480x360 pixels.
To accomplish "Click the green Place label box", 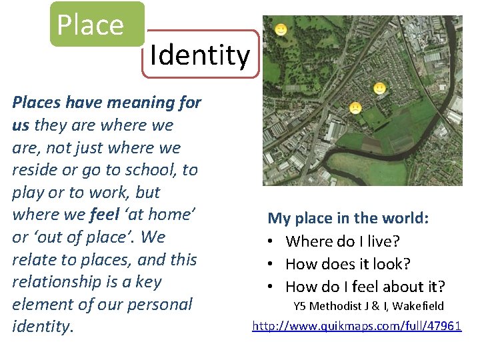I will tap(97, 24).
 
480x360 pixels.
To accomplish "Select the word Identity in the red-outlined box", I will tap(199, 55).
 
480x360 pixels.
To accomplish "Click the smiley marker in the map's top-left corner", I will tap(281, 30).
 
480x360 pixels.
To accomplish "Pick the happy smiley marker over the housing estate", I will tap(379, 87).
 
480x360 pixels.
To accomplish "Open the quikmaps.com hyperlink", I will tap(356, 326).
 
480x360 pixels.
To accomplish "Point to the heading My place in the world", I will tap(348, 218).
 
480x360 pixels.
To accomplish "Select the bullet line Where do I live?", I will tap(347, 241).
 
